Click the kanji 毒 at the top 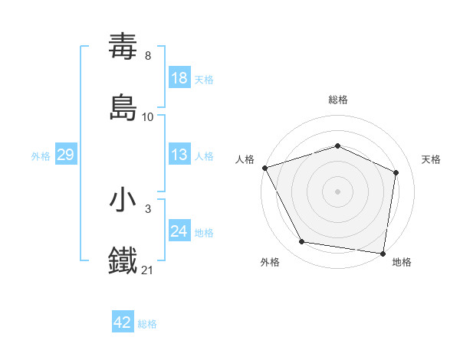[x=123, y=47]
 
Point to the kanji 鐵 [x=123, y=259]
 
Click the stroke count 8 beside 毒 [x=148, y=56]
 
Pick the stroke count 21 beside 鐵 [x=148, y=269]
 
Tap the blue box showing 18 [x=179, y=79]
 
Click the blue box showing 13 [x=179, y=155]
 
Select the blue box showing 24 [x=179, y=232]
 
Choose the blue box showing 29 [x=65, y=155]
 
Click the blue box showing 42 [x=122, y=323]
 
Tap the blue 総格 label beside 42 [x=147, y=324]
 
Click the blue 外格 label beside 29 [x=41, y=156]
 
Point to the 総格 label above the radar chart [x=338, y=100]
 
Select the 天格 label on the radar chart [x=432, y=159]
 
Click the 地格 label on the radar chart [x=402, y=262]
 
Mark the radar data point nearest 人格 [x=264, y=168]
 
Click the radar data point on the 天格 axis [x=396, y=172]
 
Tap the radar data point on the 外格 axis [x=302, y=242]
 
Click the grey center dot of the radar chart [x=338, y=191]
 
